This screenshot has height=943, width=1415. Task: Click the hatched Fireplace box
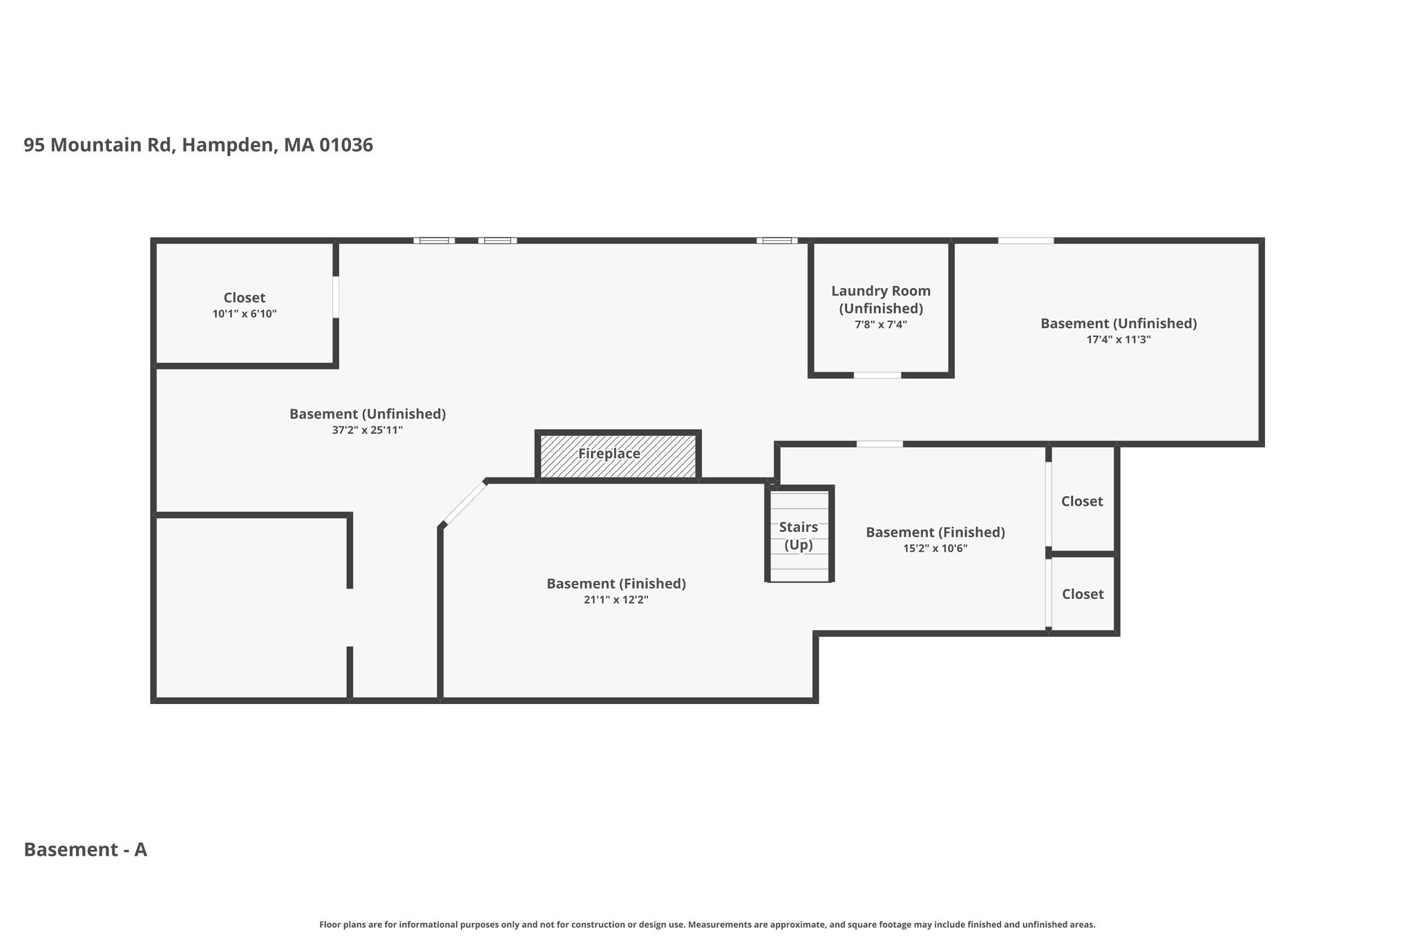coord(618,455)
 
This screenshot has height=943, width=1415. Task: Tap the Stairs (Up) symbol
coord(799,534)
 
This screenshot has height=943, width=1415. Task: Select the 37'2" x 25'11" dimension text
coord(368,430)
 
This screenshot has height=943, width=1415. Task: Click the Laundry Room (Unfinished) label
coord(881,300)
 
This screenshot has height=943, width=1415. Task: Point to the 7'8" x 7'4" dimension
coord(881,325)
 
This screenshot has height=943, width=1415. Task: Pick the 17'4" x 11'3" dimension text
coord(1119,340)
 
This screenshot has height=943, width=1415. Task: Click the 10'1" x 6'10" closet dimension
coord(245,314)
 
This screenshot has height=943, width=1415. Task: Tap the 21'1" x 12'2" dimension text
coord(616,600)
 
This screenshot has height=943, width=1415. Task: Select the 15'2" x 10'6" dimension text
coord(936,549)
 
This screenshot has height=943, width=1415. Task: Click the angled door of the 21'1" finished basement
coord(464,503)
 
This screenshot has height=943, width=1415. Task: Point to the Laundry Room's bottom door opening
coord(877,375)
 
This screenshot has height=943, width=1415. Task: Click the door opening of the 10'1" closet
coord(336,297)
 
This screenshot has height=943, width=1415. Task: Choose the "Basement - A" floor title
coord(86,850)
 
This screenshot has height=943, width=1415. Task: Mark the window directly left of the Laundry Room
coord(777,240)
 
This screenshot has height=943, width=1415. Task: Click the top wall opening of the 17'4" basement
coord(1026,240)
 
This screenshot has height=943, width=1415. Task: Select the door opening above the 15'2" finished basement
coord(880,444)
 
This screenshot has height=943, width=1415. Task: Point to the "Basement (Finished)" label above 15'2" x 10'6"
coord(936,533)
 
